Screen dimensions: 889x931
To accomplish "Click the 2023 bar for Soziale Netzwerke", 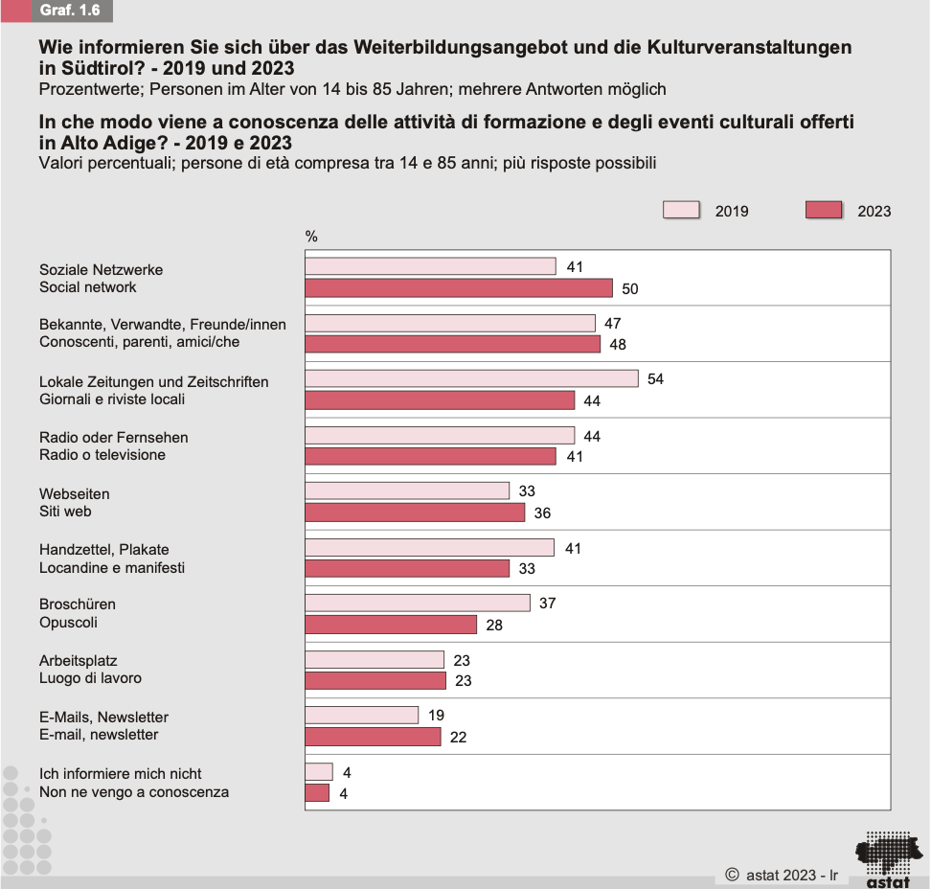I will pyautogui.click(x=459, y=288).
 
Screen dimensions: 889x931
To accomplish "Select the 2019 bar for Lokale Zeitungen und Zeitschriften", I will pyautogui.click(x=471, y=379).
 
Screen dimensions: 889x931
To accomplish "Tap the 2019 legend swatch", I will pyautogui.click(x=681, y=211).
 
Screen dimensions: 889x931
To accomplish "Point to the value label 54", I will pyautogui.click(x=655, y=379).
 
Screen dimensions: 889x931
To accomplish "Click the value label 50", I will pyautogui.click(x=629, y=288).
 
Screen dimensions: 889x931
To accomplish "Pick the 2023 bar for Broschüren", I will pyautogui.click(x=391, y=625).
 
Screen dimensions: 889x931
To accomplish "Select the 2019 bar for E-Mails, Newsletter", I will pyautogui.click(x=362, y=716).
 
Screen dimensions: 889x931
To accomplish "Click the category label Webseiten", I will pyautogui.click(x=75, y=494).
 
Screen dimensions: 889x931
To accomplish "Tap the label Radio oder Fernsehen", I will pyautogui.click(x=114, y=438).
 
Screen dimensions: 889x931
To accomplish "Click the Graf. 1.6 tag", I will pyautogui.click(x=70, y=11).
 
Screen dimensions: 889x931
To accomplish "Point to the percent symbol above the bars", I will pyautogui.click(x=311, y=237).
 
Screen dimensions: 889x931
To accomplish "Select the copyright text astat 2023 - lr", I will pyautogui.click(x=782, y=875).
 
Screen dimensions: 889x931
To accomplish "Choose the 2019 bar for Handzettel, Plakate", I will pyautogui.click(x=429, y=548).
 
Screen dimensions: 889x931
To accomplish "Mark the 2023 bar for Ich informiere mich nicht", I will pyautogui.click(x=317, y=793).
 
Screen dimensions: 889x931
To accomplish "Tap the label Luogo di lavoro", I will pyautogui.click(x=90, y=678).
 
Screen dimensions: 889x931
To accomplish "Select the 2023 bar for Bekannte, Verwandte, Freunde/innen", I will pyautogui.click(x=453, y=344).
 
